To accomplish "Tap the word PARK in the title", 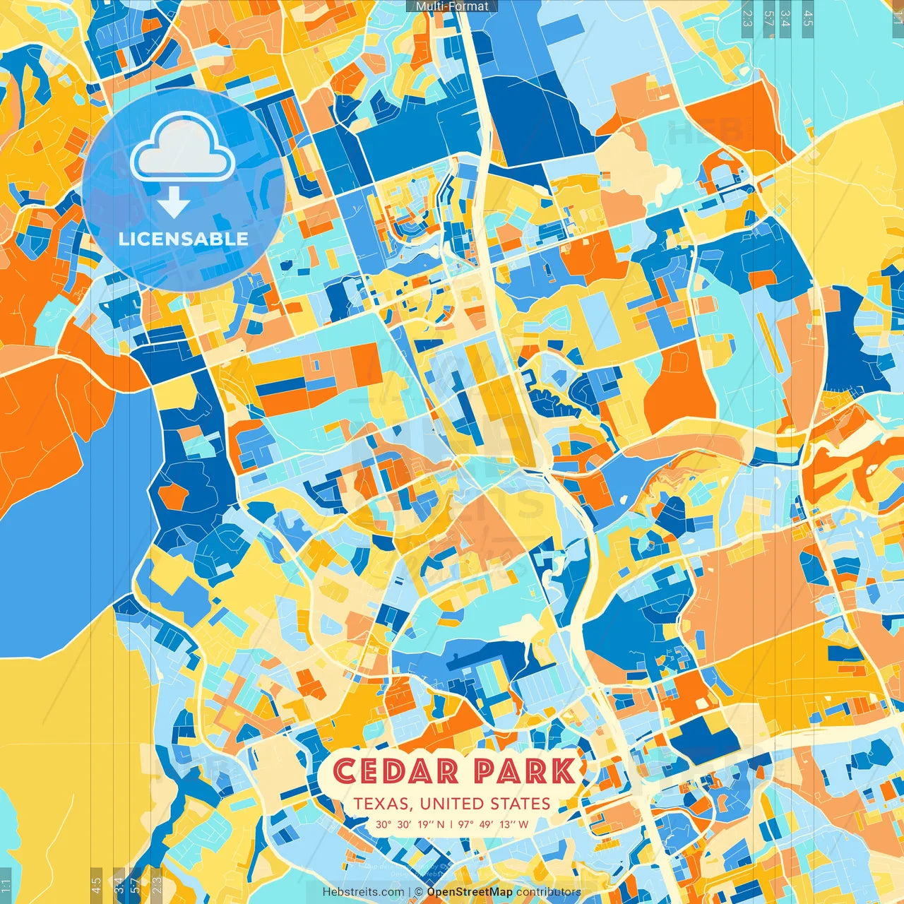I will coord(525,771).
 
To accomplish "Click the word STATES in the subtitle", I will coord(521,804).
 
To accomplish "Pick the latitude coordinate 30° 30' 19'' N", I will coord(410,824).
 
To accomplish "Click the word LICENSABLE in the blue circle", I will coord(184,239).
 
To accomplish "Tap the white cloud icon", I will coord(183,146).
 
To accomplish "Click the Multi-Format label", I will coord(452,6).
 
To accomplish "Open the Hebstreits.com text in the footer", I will coord(363,892).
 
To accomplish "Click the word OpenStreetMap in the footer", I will coord(470,892).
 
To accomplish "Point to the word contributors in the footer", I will coord(549,892).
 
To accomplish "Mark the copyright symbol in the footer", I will coord(418,892).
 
